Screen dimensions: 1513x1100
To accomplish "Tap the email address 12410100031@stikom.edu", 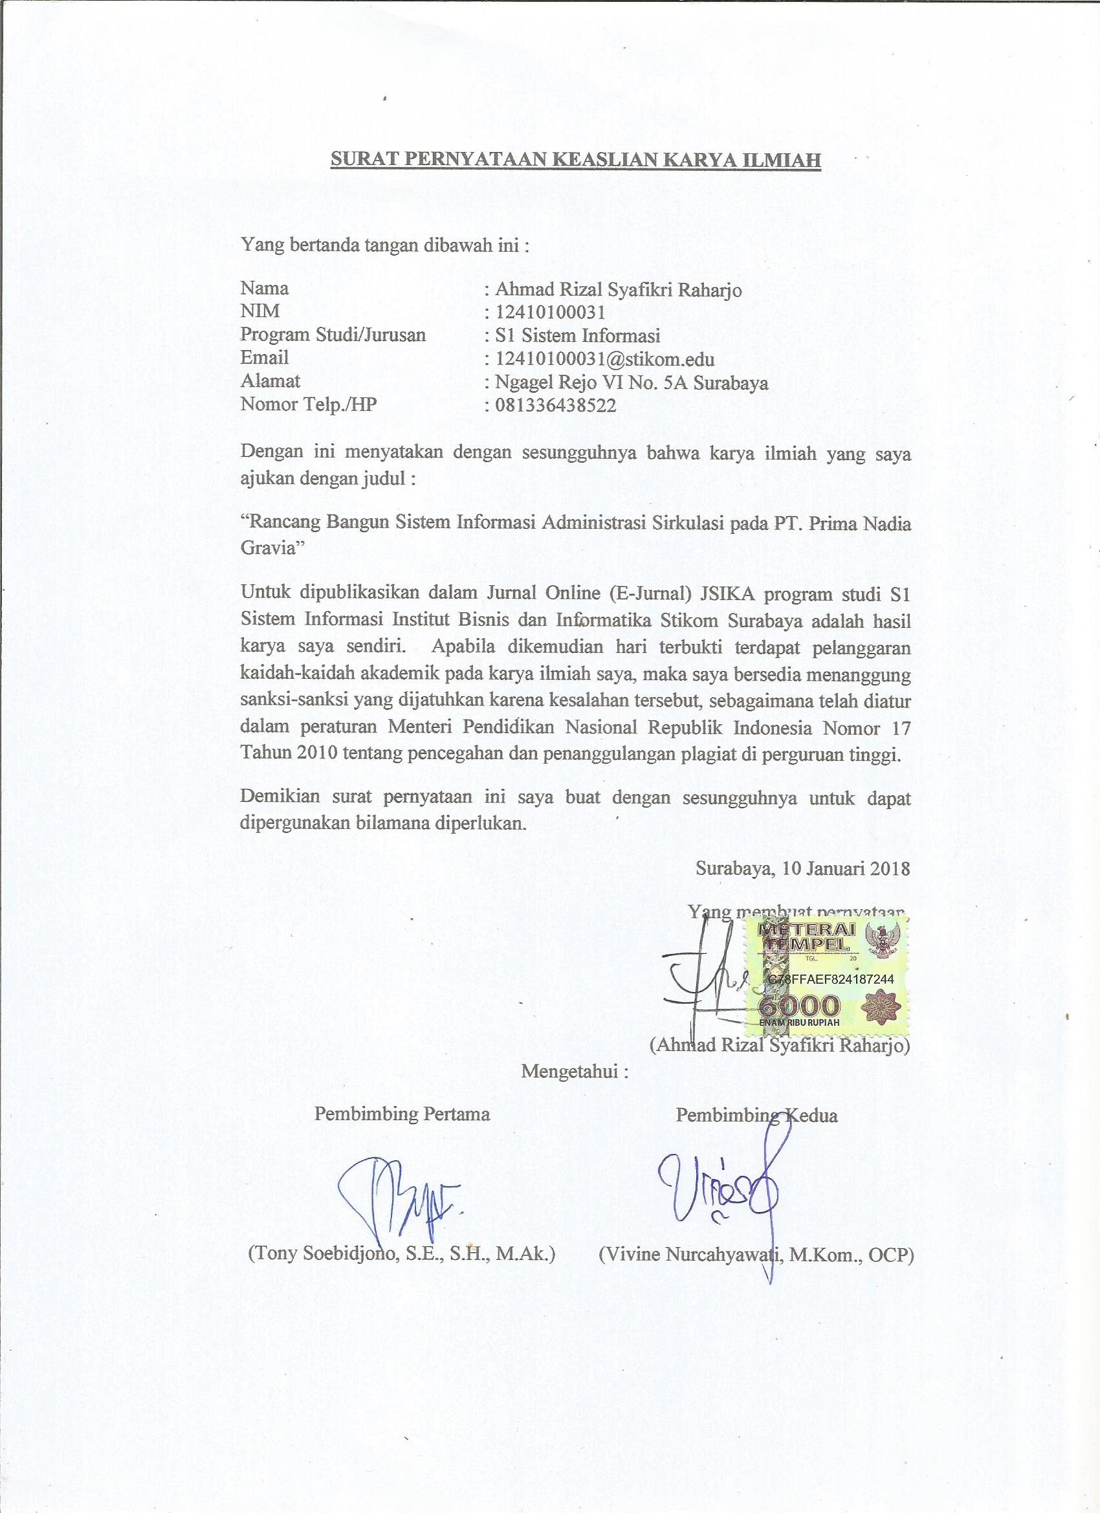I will (x=604, y=359).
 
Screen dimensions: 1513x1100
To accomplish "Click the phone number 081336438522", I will (x=555, y=405).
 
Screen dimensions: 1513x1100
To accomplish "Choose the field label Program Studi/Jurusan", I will (x=333, y=335).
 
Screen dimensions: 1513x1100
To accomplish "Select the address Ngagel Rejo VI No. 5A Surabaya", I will (x=631, y=382).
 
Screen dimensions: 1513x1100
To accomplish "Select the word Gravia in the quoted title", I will (x=268, y=548).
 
